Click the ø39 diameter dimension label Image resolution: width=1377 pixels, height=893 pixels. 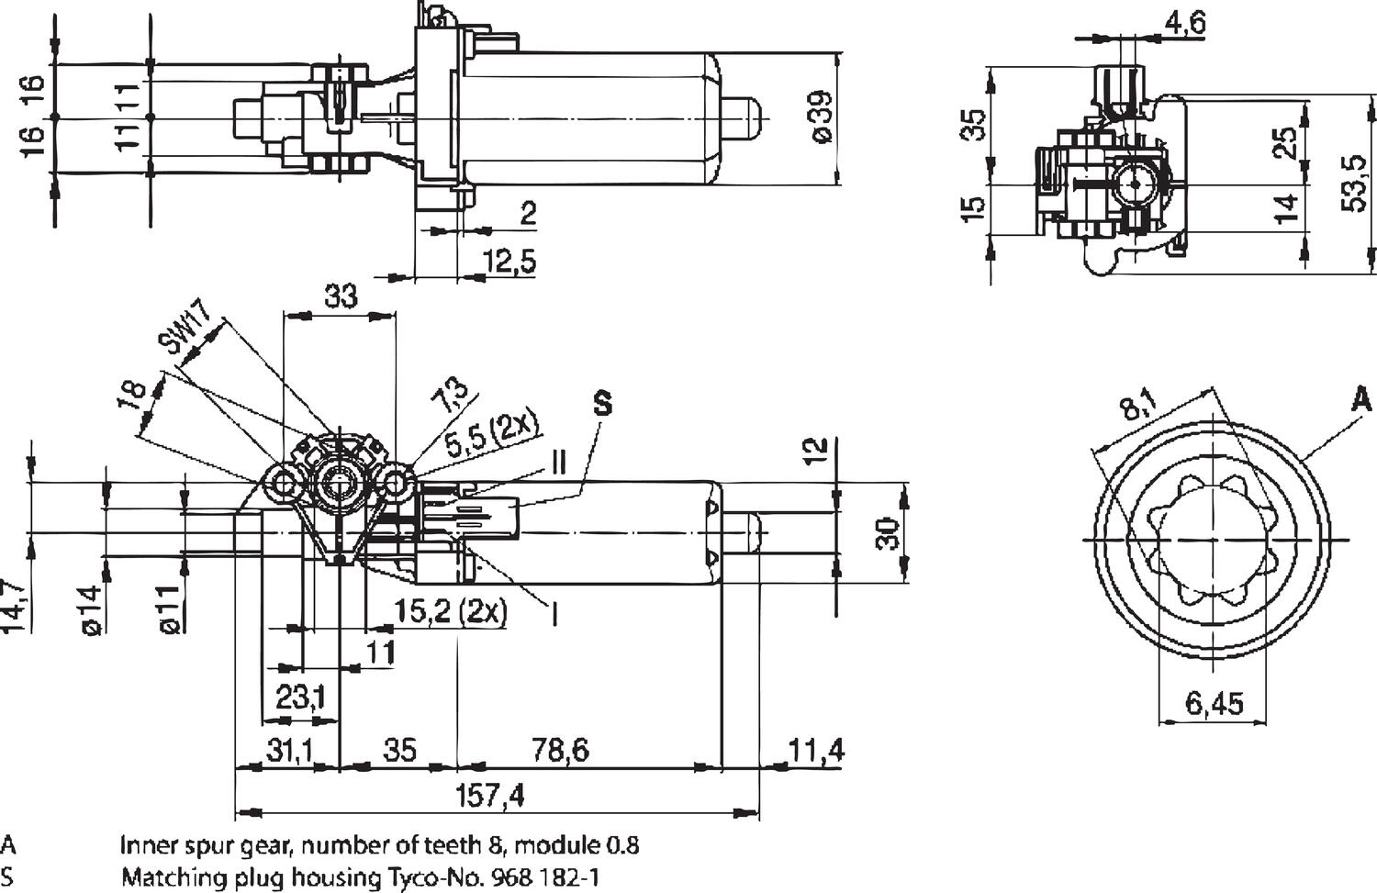[821, 117]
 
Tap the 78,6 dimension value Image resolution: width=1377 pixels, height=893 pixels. [560, 750]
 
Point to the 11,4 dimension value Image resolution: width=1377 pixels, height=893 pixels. [816, 750]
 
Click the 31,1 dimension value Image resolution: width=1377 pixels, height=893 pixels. [290, 750]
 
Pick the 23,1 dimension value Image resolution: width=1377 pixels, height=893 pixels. [301, 698]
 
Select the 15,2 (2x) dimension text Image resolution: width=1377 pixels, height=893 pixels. [450, 611]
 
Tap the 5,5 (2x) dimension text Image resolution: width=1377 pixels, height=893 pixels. [492, 434]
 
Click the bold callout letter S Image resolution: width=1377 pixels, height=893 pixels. [602, 404]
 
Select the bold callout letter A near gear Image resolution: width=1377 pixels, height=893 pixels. [1361, 400]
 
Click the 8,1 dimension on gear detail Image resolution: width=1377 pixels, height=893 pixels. [1138, 405]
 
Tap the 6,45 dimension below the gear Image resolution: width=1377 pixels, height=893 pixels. [1214, 704]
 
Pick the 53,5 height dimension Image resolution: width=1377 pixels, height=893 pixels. [1355, 184]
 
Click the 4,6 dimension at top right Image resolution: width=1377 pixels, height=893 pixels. [1184, 23]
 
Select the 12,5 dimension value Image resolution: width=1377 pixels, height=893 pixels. [509, 262]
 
